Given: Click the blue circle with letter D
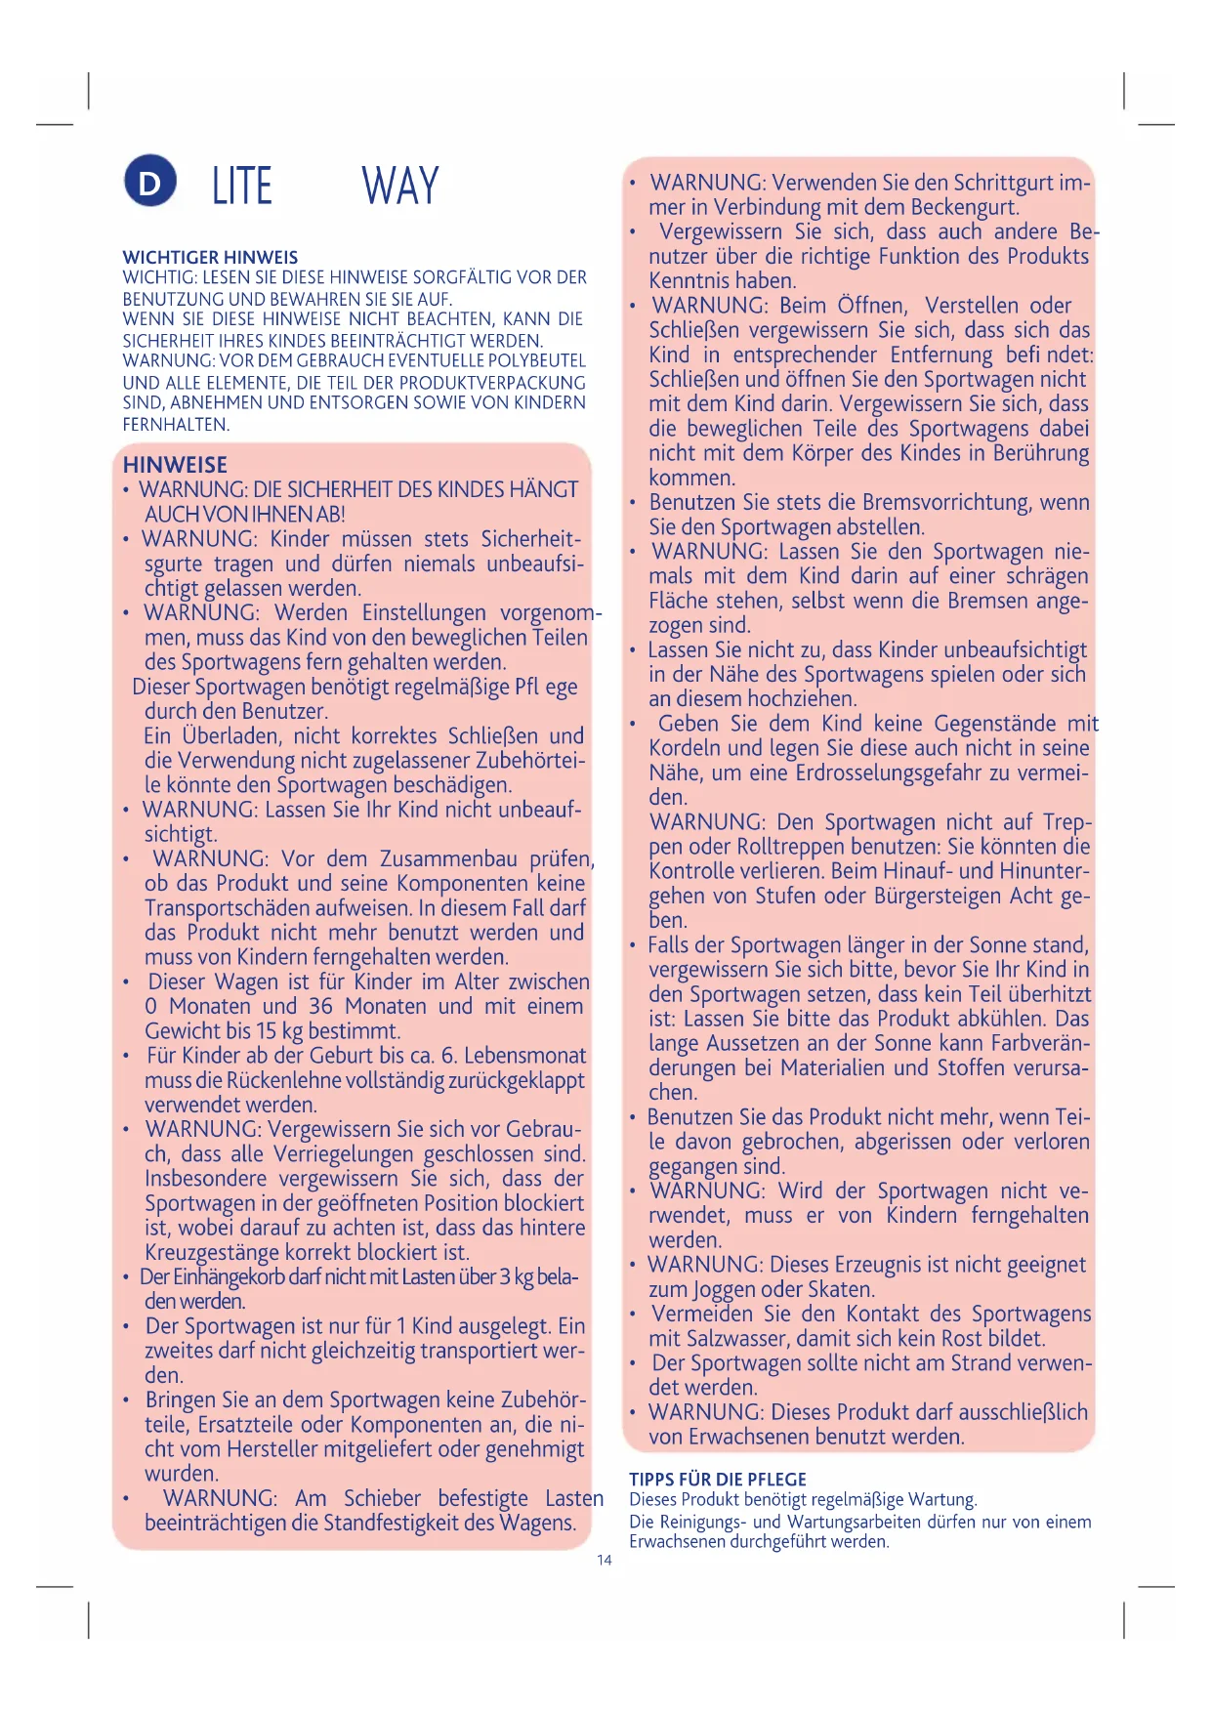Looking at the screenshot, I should pyautogui.click(x=149, y=182).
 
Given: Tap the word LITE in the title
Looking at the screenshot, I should pyautogui.click(x=242, y=186).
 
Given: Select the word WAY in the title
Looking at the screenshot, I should pyautogui.click(x=400, y=186).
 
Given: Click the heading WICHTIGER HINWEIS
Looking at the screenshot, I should pyautogui.click(x=210, y=258).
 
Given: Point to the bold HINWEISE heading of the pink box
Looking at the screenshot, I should pyautogui.click(x=175, y=465).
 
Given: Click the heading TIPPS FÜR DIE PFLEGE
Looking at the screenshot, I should pyautogui.click(x=718, y=1479).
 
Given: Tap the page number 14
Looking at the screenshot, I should pyautogui.click(x=605, y=1560).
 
